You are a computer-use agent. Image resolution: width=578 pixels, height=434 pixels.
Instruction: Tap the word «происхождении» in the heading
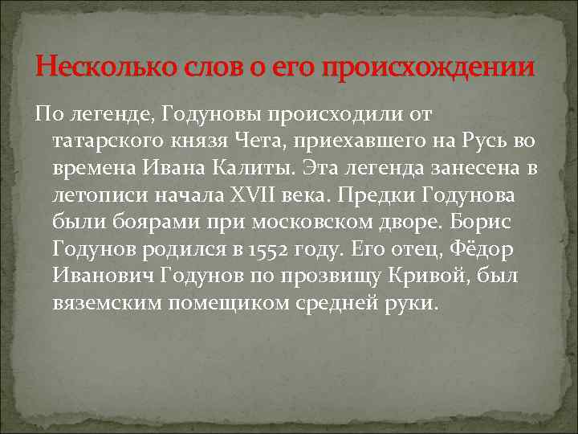[x=428, y=68]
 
